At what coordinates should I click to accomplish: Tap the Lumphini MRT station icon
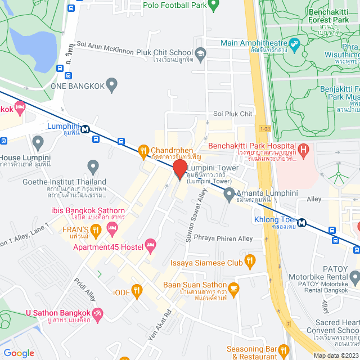click(x=85, y=129)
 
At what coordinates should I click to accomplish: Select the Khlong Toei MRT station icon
click(x=302, y=222)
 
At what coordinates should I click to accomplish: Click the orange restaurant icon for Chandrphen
click(x=143, y=150)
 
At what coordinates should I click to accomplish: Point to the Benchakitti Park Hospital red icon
click(x=304, y=150)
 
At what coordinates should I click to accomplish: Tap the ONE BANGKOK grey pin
click(x=112, y=85)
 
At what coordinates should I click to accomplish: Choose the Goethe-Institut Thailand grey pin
click(x=93, y=166)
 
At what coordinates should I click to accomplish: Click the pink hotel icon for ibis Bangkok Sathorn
click(x=112, y=228)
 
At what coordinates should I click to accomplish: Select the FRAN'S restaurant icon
click(x=96, y=229)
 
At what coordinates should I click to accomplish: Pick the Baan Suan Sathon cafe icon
click(x=234, y=288)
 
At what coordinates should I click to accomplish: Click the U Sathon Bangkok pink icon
click(x=98, y=313)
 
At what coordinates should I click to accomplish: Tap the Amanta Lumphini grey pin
click(x=229, y=195)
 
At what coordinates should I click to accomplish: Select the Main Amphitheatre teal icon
click(x=294, y=43)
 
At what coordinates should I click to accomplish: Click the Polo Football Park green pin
click(x=213, y=6)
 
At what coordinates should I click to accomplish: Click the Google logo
click(x=19, y=353)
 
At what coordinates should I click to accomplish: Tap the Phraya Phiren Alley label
click(x=223, y=238)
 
